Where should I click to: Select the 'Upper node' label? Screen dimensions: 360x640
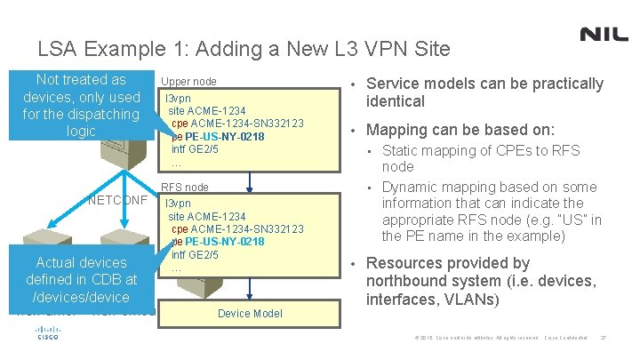click(188, 81)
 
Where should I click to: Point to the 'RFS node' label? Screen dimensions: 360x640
click(184, 188)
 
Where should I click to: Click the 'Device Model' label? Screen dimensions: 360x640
click(250, 313)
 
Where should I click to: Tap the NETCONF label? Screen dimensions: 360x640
click(118, 199)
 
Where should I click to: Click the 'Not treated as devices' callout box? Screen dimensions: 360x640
click(82, 105)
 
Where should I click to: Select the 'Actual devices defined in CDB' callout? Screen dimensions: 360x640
click(82, 279)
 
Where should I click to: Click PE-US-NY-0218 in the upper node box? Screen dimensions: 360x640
click(225, 136)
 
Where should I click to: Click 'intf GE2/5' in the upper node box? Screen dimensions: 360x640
click(195, 148)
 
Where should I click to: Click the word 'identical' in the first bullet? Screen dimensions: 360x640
click(396, 101)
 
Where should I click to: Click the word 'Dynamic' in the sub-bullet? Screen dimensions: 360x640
click(412, 186)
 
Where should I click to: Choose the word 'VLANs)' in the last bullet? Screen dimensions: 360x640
click(472, 299)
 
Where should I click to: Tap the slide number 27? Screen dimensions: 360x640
click(604, 338)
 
